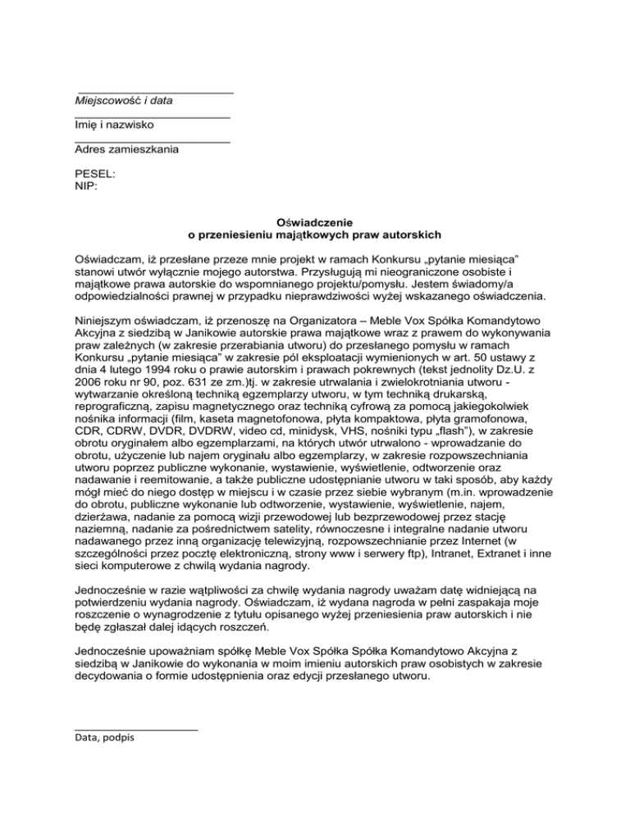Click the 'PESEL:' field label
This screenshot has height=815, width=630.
click(95, 175)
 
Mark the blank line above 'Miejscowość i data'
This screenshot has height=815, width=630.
click(156, 91)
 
